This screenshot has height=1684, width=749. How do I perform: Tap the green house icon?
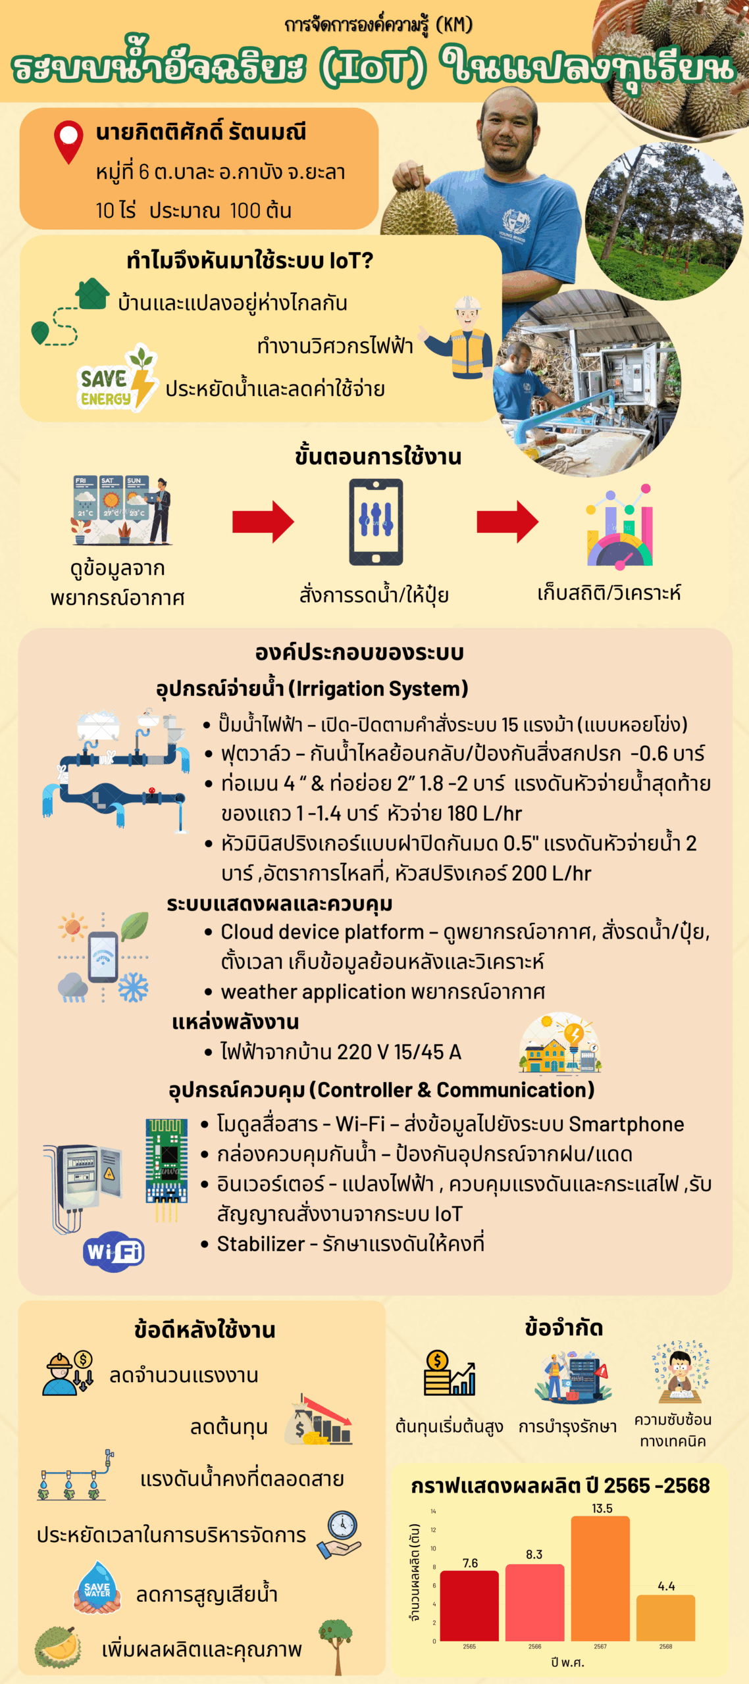coord(92,294)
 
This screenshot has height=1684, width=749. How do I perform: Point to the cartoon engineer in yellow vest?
coord(463,337)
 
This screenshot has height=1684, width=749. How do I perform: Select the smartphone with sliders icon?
coord(376,522)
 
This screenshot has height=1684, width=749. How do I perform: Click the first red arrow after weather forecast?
coord(263,522)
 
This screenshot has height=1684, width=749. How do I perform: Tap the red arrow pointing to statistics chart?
coord(507,522)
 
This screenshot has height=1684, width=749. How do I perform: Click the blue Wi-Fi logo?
coord(113,1251)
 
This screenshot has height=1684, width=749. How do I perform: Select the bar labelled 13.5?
coord(600,1579)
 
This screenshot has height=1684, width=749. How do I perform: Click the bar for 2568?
coord(665,1618)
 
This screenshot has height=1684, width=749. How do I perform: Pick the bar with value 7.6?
coord(469,1606)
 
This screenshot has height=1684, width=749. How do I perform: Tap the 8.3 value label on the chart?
coord(534,1554)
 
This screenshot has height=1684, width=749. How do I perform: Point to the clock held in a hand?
coord(340,1534)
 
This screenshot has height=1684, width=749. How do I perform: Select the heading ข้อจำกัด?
coord(563,1328)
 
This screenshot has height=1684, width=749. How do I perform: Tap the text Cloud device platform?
coord(322,932)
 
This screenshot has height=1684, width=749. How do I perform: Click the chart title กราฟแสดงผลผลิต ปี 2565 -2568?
coord(560,1485)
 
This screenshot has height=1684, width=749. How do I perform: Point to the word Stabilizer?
coord(261,1244)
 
